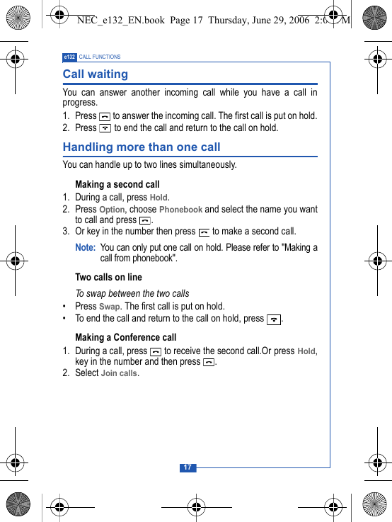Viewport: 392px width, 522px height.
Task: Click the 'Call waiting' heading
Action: click(x=96, y=74)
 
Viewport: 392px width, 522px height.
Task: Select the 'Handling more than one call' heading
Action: click(x=142, y=147)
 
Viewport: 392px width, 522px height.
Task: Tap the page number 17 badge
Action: click(x=188, y=467)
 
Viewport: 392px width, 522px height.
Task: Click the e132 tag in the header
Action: click(x=69, y=57)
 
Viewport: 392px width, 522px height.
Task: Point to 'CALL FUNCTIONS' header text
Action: click(x=100, y=57)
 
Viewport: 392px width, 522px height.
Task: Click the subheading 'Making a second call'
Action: click(x=117, y=184)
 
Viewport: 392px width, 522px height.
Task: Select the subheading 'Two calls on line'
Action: click(x=108, y=277)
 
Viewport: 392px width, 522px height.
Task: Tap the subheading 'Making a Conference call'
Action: click(x=126, y=337)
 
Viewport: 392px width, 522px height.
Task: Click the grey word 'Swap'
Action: click(x=109, y=307)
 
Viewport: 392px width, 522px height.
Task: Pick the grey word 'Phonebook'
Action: click(x=180, y=210)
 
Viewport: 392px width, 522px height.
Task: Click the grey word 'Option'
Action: click(x=112, y=210)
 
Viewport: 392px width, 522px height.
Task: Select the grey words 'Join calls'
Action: click(x=119, y=373)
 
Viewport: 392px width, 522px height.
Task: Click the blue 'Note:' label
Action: click(x=85, y=248)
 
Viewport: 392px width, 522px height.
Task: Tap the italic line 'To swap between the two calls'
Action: click(x=132, y=293)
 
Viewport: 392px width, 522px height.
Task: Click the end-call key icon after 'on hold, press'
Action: click(x=274, y=319)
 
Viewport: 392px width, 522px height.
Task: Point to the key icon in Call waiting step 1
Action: click(x=105, y=116)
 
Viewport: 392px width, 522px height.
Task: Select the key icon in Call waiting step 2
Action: click(x=105, y=128)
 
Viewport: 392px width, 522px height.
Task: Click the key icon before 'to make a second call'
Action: click(x=204, y=232)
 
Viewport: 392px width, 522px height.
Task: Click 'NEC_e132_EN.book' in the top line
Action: click(x=121, y=21)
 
